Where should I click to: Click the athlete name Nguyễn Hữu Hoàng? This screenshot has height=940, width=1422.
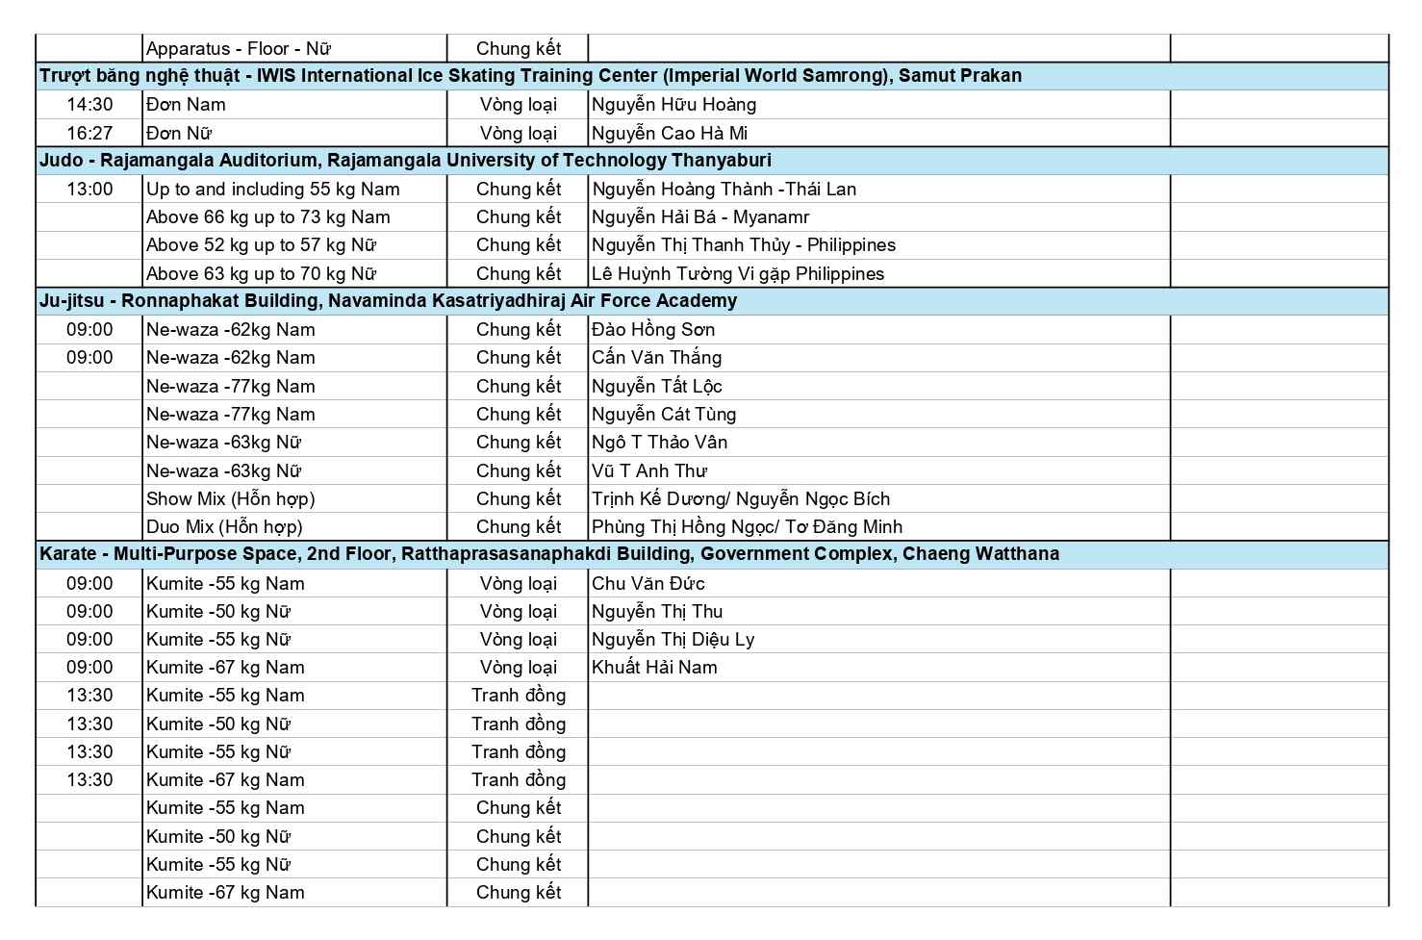coord(673,105)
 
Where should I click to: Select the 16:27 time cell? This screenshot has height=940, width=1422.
coord(89,133)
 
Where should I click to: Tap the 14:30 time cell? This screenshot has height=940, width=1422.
coord(89,105)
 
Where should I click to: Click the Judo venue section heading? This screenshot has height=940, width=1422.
coord(405,161)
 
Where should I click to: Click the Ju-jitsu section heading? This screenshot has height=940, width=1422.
coord(388,301)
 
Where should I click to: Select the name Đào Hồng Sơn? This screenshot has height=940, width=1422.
coord(653,330)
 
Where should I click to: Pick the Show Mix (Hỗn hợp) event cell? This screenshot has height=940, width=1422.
coord(231,498)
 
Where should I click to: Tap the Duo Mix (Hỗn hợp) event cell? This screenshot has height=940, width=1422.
coord(224,527)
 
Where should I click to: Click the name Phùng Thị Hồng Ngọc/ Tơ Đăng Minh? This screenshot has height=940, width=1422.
coord(747,527)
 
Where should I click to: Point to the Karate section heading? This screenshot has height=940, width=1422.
coord(548,554)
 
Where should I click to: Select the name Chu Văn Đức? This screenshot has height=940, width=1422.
coord(648,584)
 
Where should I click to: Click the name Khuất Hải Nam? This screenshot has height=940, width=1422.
coord(654,668)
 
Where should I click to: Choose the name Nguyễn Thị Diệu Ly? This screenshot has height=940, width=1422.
coord(673,640)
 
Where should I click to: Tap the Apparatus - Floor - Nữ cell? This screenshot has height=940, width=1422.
coord(239,49)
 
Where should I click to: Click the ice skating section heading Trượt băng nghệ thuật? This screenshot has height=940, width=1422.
coord(530,76)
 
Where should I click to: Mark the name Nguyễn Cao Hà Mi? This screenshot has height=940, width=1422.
coord(670,133)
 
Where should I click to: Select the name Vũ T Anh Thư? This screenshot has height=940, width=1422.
coord(649,471)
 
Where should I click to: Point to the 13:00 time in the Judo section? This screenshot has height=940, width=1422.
coord(89,190)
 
